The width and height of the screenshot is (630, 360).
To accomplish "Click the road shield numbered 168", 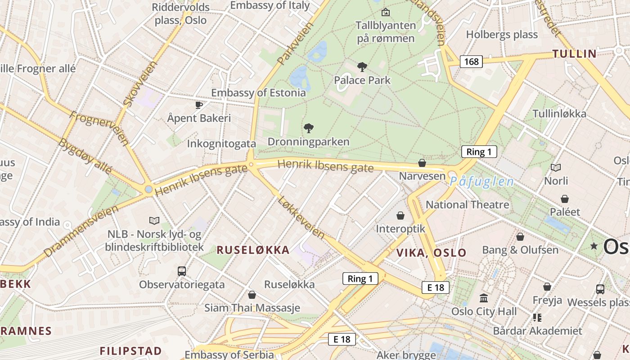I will click(471, 61).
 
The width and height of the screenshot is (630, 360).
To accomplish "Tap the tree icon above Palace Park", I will click(362, 67).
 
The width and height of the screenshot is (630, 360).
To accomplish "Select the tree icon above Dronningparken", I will click(309, 128).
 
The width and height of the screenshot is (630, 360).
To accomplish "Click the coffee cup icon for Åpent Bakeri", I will click(198, 105).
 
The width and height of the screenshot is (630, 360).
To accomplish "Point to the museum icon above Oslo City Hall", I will click(484, 298).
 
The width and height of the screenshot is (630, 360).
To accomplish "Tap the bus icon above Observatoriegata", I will click(182, 271).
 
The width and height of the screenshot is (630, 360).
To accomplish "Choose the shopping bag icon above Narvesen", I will click(422, 162).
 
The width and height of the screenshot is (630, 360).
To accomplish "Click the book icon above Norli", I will click(556, 167).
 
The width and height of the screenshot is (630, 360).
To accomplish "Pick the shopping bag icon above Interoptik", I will click(400, 216).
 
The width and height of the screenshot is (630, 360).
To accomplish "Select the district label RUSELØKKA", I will click(253, 250).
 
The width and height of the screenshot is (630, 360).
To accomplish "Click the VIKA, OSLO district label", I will click(431, 252).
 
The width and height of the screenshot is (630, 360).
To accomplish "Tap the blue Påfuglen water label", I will click(481, 182).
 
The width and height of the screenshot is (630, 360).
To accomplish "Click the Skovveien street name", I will click(140, 84).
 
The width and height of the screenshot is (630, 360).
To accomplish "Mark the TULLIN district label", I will click(574, 54).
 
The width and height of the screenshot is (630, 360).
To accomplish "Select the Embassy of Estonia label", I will click(258, 93).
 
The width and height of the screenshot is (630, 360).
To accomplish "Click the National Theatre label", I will click(467, 205).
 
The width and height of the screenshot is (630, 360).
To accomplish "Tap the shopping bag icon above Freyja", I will click(547, 287).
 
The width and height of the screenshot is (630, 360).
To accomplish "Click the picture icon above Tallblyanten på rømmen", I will click(385, 12).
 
